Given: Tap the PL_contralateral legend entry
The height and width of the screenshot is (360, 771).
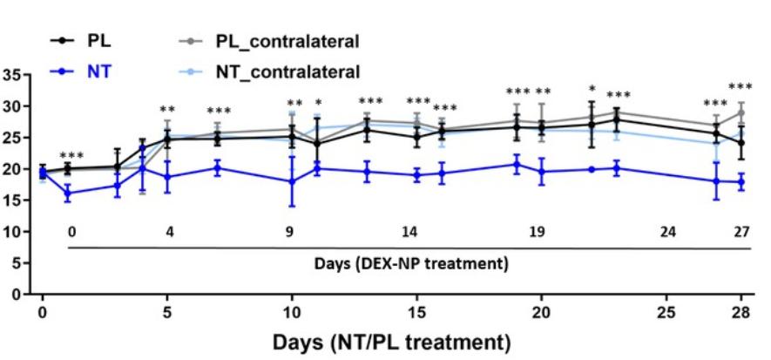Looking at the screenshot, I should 287,40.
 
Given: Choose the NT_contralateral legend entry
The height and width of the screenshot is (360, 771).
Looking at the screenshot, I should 287,68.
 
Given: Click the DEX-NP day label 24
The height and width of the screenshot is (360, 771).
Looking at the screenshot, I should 667,232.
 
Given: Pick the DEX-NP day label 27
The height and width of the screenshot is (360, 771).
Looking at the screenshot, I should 741,232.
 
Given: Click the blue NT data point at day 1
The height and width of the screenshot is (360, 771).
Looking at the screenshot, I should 68,194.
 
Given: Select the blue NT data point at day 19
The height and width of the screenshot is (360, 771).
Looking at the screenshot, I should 517,164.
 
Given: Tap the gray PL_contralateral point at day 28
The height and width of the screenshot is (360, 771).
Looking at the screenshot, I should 741,112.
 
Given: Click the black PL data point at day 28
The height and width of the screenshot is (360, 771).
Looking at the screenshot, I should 741,143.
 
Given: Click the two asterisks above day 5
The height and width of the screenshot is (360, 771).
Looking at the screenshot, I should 167,111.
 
